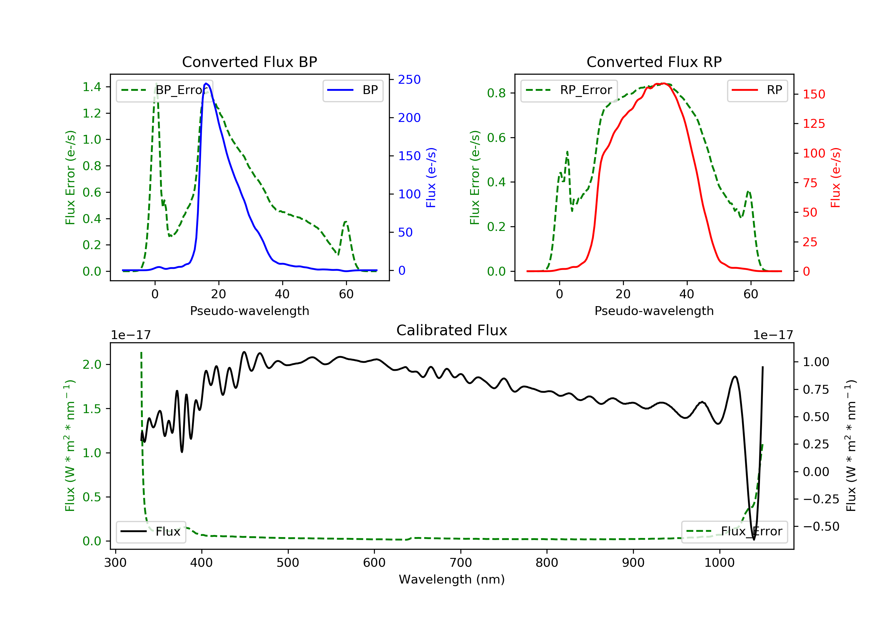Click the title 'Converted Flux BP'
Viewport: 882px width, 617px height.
249,62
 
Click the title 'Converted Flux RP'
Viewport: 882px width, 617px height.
654,62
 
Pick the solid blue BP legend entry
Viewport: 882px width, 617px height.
353,90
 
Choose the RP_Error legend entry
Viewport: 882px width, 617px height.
569,90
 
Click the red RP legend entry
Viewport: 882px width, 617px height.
757,90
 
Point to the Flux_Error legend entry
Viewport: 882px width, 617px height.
734,532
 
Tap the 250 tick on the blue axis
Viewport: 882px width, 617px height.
409,80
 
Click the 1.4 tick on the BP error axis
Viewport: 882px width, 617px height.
92,87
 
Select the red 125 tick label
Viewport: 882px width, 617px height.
813,124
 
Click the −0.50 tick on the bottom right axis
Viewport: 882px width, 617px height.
821,527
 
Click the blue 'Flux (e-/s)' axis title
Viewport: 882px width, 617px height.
431,177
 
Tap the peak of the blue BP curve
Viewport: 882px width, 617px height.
206,83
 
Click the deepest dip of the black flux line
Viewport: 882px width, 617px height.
754,539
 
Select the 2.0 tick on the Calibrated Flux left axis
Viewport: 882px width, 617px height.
92,364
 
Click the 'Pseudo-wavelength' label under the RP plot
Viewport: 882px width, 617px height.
654,311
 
